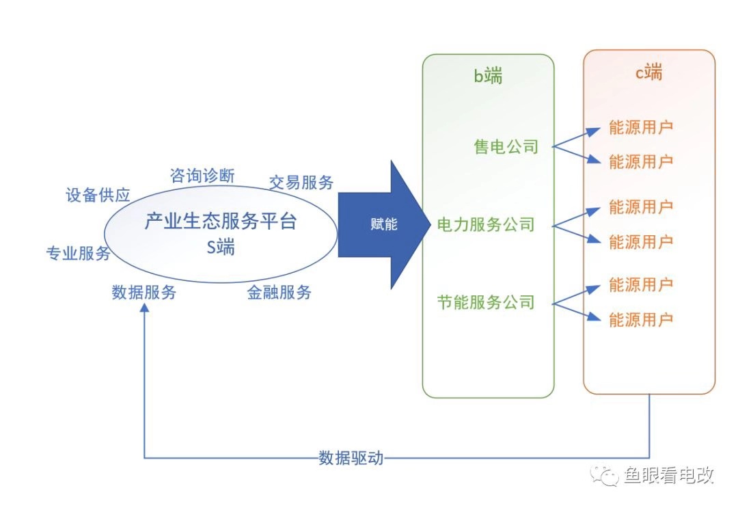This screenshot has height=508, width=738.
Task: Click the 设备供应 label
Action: point(98,195)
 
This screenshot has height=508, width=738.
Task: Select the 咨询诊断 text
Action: point(202,176)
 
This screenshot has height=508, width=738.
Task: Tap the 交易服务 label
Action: point(301,182)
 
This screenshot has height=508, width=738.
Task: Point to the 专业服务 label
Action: point(78,254)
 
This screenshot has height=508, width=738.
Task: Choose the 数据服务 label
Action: point(144,293)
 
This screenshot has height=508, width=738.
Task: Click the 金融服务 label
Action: point(279,293)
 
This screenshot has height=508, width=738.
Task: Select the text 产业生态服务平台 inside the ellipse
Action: point(221,222)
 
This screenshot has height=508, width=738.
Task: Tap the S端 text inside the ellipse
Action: point(221,248)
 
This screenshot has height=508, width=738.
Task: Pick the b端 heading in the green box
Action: point(488,76)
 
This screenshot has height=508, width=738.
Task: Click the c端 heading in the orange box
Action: point(648,72)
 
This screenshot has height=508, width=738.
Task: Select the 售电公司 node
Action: point(506,146)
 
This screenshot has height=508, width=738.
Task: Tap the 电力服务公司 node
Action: point(485,224)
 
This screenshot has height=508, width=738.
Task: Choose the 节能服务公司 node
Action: point(485,302)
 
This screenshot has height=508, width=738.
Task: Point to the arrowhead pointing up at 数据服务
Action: point(144,308)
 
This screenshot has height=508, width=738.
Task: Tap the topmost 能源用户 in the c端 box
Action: point(641,128)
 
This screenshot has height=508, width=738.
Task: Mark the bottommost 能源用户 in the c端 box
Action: point(641,319)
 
